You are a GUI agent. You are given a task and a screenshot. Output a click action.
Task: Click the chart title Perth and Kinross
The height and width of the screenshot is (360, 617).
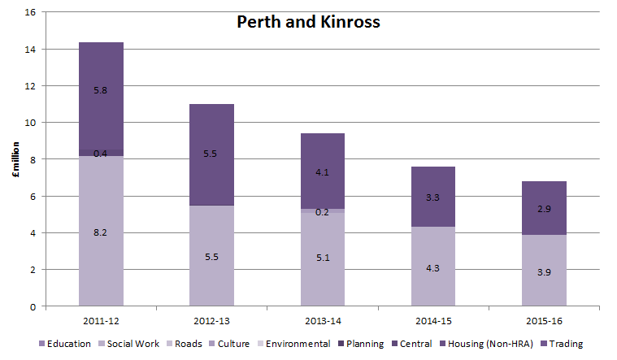pyautogui.click(x=308, y=22)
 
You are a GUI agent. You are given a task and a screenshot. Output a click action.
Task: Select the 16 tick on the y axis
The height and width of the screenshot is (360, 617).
pyautogui.click(x=31, y=13)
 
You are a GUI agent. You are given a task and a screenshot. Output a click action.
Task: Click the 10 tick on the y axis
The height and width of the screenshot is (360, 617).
pyautogui.click(x=31, y=123)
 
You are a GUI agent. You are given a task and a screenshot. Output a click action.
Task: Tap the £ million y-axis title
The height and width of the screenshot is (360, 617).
pyautogui.click(x=15, y=159)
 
